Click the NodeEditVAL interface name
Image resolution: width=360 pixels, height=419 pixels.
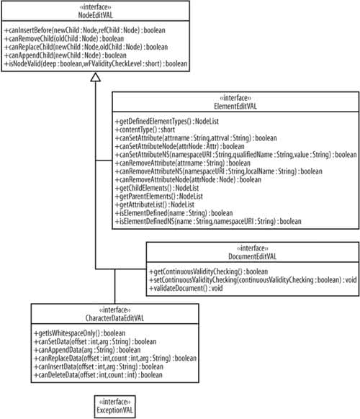tap(96, 15)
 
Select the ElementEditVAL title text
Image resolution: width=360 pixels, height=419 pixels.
tap(235, 106)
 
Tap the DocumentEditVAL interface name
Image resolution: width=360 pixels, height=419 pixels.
tap(252, 256)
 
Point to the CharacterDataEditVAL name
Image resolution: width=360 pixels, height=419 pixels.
tap(114, 318)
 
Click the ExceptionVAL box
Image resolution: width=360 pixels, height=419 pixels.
tap(115, 407)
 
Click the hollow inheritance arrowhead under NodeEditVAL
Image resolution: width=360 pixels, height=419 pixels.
tap(96, 77)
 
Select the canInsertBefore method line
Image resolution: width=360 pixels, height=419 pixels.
tap(85, 30)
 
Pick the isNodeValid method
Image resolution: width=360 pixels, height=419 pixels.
tap(96, 64)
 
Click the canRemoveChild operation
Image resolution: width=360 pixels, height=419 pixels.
tap(64, 39)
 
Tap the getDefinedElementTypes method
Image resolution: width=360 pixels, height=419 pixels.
tap(167, 122)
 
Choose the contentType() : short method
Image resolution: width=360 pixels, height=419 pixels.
tap(145, 130)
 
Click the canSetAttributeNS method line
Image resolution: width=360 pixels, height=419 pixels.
tap(235, 155)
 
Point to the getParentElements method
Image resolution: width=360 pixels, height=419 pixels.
tap(158, 197)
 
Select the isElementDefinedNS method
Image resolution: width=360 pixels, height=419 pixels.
tap(208, 221)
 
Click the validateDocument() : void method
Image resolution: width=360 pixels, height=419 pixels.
tap(186, 288)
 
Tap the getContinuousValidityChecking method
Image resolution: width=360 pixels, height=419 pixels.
tap(209, 271)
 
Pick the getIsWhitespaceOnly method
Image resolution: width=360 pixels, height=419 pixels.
tap(80, 333)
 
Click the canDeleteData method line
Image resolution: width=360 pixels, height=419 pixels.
tap(98, 375)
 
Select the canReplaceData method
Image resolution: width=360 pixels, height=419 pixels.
tap(115, 358)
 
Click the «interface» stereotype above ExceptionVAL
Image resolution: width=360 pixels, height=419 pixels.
tap(115, 402)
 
